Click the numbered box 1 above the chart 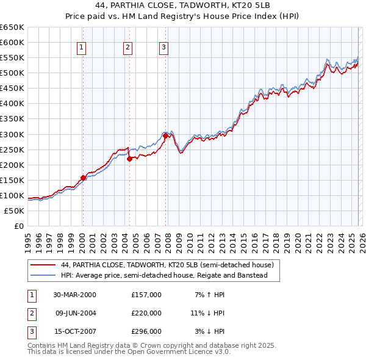(x=82, y=48)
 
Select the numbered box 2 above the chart (x=127, y=48)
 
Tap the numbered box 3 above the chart (x=164, y=48)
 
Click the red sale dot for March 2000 (x=84, y=178)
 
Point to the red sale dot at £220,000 (x=129, y=159)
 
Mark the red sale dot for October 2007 (x=166, y=135)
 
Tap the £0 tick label (x=18, y=226)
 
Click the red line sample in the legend (x=43, y=265)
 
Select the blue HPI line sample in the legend (x=43, y=276)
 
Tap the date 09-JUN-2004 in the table (x=74, y=313)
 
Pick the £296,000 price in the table (x=146, y=332)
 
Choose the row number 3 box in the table (x=31, y=332)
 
